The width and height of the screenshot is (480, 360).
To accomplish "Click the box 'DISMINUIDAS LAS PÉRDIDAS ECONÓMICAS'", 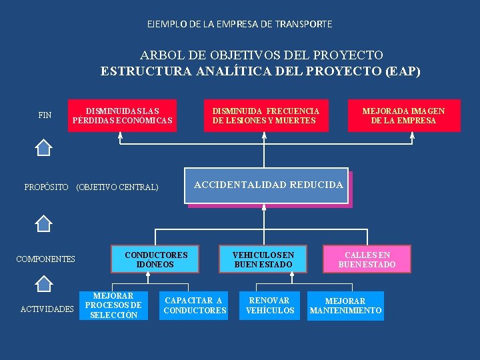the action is pyautogui.click(x=122, y=115).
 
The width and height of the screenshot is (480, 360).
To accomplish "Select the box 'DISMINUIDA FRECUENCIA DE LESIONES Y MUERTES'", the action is pyautogui.click(x=266, y=115).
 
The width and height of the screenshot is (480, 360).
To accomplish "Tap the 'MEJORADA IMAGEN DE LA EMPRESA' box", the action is pyautogui.click(x=403, y=115).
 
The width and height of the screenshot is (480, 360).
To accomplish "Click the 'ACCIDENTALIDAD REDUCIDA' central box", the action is pyautogui.click(x=268, y=185).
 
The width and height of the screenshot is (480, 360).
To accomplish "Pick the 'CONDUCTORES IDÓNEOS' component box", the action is pyautogui.click(x=156, y=259).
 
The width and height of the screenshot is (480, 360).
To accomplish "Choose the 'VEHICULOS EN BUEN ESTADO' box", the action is pyautogui.click(x=263, y=259).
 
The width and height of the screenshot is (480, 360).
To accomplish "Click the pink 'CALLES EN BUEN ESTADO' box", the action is pyautogui.click(x=367, y=259).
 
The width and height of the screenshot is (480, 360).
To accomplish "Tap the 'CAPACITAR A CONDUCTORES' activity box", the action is pyautogui.click(x=195, y=305).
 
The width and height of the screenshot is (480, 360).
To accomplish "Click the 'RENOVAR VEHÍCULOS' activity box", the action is pyautogui.click(x=270, y=305).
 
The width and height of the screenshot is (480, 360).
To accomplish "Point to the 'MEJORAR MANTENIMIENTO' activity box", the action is pyautogui.click(x=345, y=305).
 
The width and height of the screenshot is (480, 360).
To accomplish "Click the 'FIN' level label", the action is pyautogui.click(x=45, y=115).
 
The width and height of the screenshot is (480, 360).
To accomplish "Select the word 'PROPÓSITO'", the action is pyautogui.click(x=46, y=187).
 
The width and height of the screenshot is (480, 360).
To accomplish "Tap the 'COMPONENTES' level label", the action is pyautogui.click(x=45, y=259).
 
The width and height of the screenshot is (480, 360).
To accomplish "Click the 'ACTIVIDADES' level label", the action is pyautogui.click(x=47, y=309).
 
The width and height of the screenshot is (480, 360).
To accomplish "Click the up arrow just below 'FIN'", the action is pyautogui.click(x=43, y=147).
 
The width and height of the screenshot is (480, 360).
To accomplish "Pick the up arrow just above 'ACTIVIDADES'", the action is pyautogui.click(x=43, y=284).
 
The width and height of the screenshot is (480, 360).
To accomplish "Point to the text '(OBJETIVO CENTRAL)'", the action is pyautogui.click(x=118, y=187).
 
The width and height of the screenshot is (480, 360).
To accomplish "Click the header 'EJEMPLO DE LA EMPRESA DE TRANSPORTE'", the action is pyautogui.click(x=239, y=24).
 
